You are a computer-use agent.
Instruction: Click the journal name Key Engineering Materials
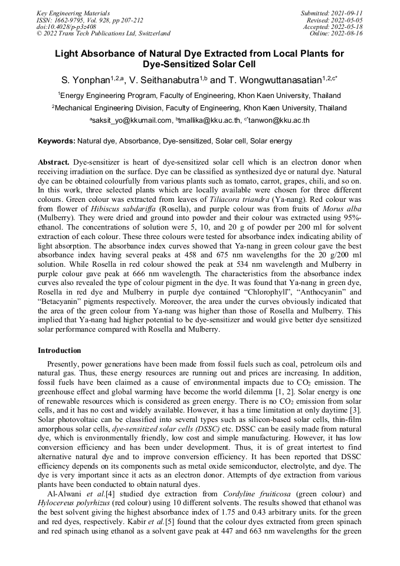click(73, 12)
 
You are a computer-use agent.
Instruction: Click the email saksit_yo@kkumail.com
click(130, 120)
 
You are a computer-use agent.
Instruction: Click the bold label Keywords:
click(57, 141)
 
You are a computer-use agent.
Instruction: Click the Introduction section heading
click(60, 351)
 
